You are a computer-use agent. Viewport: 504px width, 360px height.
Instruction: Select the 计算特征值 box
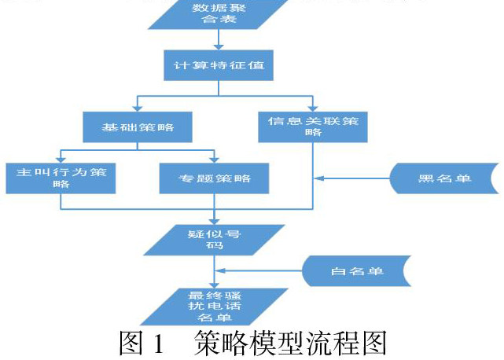coord(219,65)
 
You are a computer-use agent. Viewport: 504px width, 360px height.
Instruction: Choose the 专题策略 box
coord(215,178)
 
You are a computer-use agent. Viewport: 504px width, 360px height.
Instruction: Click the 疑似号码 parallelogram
coord(214,237)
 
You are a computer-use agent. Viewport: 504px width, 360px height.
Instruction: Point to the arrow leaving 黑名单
coord(354,178)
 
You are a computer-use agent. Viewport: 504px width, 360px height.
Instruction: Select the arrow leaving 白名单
coord(259,271)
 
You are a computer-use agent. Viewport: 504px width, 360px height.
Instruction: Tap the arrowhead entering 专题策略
coord(214,159)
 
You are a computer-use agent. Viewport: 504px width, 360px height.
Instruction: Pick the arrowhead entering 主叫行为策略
coord(61,159)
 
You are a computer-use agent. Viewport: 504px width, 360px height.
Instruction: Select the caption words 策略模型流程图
coord(296,344)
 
